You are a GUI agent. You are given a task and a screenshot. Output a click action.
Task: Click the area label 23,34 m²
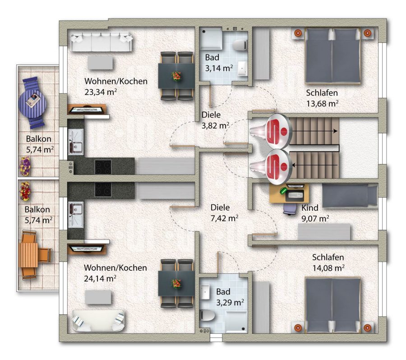coord(101,92)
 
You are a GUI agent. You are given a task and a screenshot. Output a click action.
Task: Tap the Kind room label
coord(309,208)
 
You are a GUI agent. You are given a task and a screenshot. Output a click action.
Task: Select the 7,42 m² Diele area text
coord(224,218)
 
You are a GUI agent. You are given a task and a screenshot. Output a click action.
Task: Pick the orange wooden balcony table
coord(28,255)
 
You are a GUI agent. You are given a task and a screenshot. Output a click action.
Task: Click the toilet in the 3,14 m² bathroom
coord(240,45)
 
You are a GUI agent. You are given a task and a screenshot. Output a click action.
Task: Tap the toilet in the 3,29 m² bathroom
coord(208,315)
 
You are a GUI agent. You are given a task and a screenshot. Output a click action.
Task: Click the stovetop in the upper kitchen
coord(103,167)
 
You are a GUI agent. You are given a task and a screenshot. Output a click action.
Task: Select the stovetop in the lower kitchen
coord(103,189)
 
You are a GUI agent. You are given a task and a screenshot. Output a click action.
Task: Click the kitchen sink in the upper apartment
coord(76,142)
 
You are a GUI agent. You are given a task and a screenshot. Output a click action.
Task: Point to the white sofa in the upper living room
coord(101,42)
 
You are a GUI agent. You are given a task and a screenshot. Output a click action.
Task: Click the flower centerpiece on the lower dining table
coord(176,283)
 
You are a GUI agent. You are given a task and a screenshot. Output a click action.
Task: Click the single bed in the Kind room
coord(350,195)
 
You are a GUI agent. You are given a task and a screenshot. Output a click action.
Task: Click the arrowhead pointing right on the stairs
coord(336,131)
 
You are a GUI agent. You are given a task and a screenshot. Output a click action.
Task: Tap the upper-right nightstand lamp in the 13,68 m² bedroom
coord(367,33)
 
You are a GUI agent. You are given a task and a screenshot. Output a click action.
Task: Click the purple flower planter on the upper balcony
coord(25,166)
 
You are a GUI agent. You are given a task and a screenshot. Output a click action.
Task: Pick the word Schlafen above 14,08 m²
coord(328,257)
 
